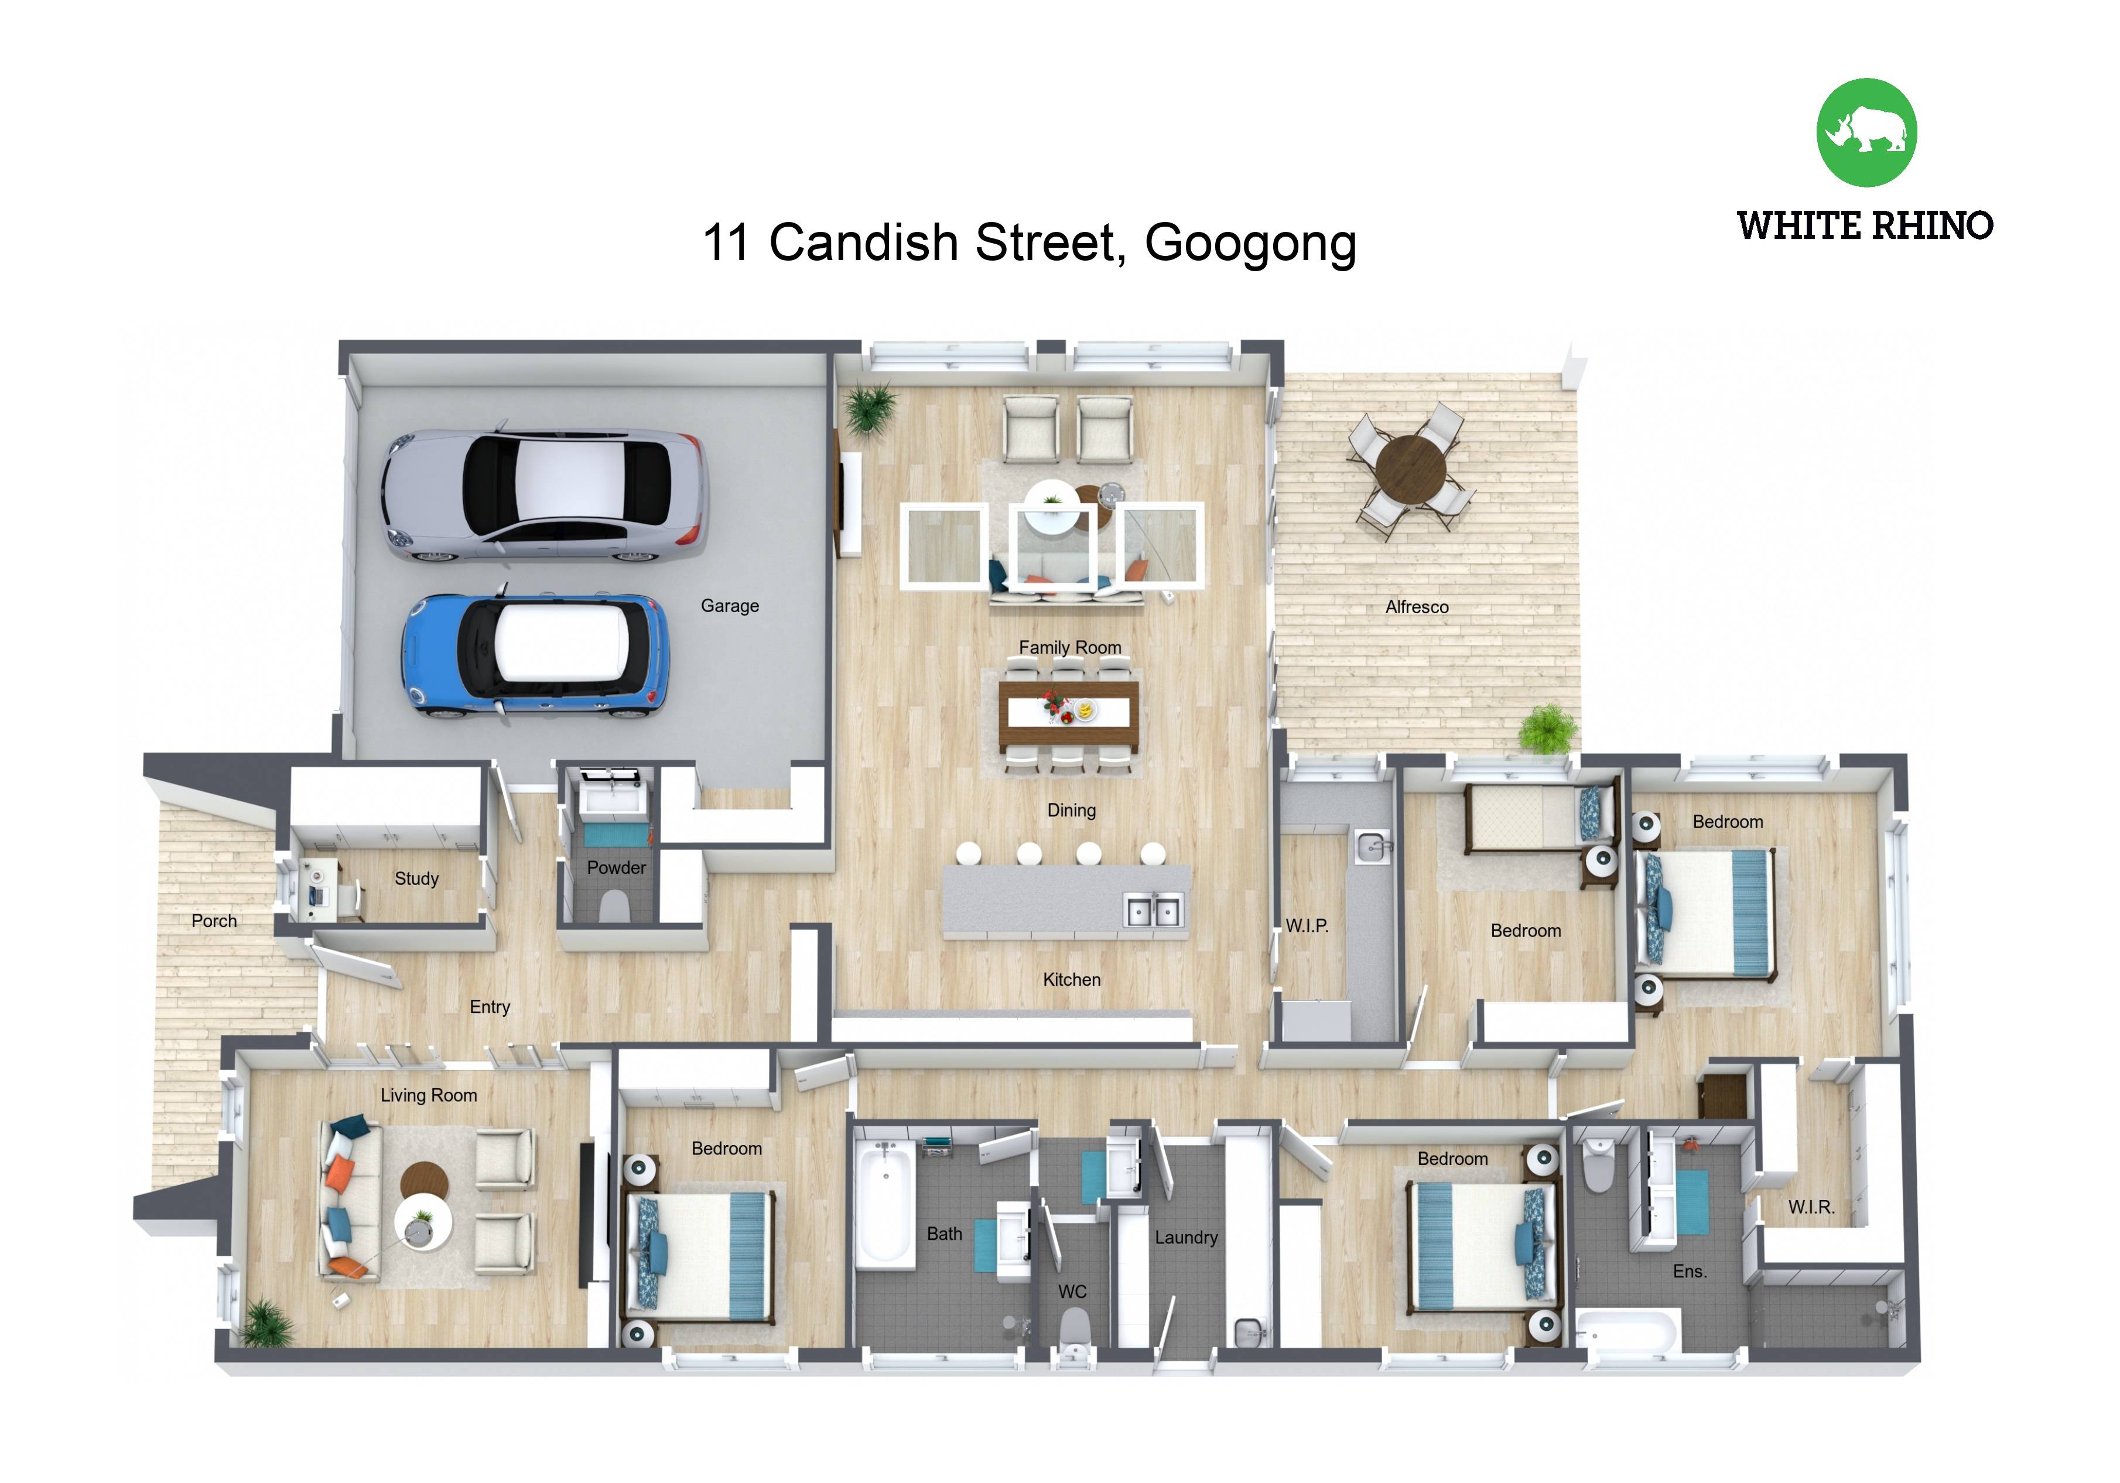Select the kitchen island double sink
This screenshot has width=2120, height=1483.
click(1153, 911)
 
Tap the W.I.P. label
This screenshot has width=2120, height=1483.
click(1307, 925)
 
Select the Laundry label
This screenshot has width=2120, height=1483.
click(1185, 1238)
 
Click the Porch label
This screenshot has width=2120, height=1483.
click(214, 921)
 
